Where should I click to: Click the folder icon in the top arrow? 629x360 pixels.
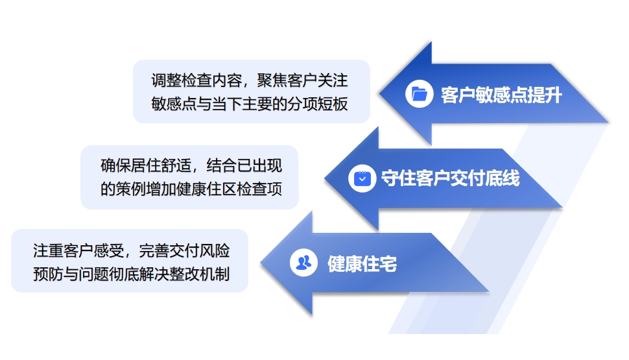419,94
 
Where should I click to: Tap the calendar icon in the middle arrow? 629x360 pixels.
362,178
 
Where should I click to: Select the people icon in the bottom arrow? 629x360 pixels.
303,263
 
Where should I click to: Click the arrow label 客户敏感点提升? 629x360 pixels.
501,95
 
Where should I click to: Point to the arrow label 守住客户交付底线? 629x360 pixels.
450,178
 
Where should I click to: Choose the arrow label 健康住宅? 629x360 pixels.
362,264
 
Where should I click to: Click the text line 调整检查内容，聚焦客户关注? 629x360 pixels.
250,80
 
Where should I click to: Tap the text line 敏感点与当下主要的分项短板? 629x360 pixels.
250,104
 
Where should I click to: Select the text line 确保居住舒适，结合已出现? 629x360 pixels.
191,165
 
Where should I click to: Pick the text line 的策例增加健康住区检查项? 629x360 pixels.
191,189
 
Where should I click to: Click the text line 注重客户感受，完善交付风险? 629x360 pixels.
132,250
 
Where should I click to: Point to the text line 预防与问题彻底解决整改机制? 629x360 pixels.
132,274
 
